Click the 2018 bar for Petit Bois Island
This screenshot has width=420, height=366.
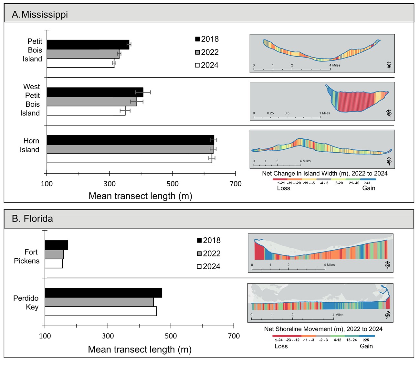pyautogui.click(x=88, y=45)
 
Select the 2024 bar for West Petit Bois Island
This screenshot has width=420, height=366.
pyautogui.click(x=86, y=111)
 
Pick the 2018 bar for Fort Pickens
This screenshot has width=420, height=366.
pyautogui.click(x=56, y=245)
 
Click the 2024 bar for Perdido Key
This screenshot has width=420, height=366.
pyautogui.click(x=100, y=311)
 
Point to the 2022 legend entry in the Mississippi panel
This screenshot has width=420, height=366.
pyautogui.click(x=207, y=52)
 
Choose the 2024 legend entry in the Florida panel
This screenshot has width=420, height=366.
pyautogui.click(x=209, y=266)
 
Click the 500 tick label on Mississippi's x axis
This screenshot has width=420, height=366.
pyautogui.click(x=173, y=184)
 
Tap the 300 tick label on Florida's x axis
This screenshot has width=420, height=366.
pyautogui.click(x=108, y=336)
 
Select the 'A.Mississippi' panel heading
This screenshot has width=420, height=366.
pyautogui.click(x=40, y=15)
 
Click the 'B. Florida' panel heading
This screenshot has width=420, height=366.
pyautogui.click(x=32, y=219)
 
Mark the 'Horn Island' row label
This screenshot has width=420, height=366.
pyautogui.click(x=30, y=145)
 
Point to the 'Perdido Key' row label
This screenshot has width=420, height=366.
pyautogui.click(x=26, y=303)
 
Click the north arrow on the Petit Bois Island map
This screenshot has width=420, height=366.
pyautogui.click(x=389, y=66)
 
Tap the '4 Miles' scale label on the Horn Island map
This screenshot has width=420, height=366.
pyautogui.click(x=305, y=161)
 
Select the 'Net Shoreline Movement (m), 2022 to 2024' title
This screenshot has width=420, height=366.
pyautogui.click(x=323, y=329)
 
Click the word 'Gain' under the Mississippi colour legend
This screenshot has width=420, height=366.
pyautogui.click(x=369, y=188)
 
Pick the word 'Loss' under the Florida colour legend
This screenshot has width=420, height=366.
pyautogui.click(x=281, y=346)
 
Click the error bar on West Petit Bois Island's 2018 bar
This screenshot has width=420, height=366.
pyautogui.click(x=143, y=92)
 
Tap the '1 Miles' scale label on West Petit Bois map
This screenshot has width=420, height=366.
pyautogui.click(x=325, y=113)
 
